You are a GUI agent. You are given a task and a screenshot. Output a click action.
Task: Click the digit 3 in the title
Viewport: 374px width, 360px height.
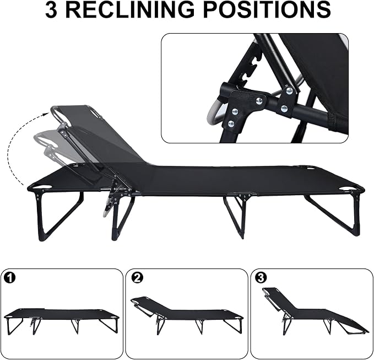click(x=51, y=9)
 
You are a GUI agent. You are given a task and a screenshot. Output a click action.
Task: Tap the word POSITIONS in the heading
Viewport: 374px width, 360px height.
click(x=268, y=9)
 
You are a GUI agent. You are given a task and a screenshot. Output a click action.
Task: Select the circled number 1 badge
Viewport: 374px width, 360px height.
click(x=9, y=278)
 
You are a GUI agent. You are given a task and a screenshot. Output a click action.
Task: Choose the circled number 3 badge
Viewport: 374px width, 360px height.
click(x=261, y=278)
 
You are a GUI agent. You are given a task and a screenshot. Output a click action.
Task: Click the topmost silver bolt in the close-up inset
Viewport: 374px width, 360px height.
click(x=289, y=90)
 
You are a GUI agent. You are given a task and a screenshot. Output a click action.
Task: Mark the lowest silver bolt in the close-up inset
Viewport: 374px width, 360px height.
click(x=231, y=123)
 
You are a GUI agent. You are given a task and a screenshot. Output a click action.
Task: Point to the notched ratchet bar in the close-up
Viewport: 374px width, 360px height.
click(x=248, y=69)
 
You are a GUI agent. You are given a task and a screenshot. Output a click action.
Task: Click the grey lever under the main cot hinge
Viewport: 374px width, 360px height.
click(x=107, y=209)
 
